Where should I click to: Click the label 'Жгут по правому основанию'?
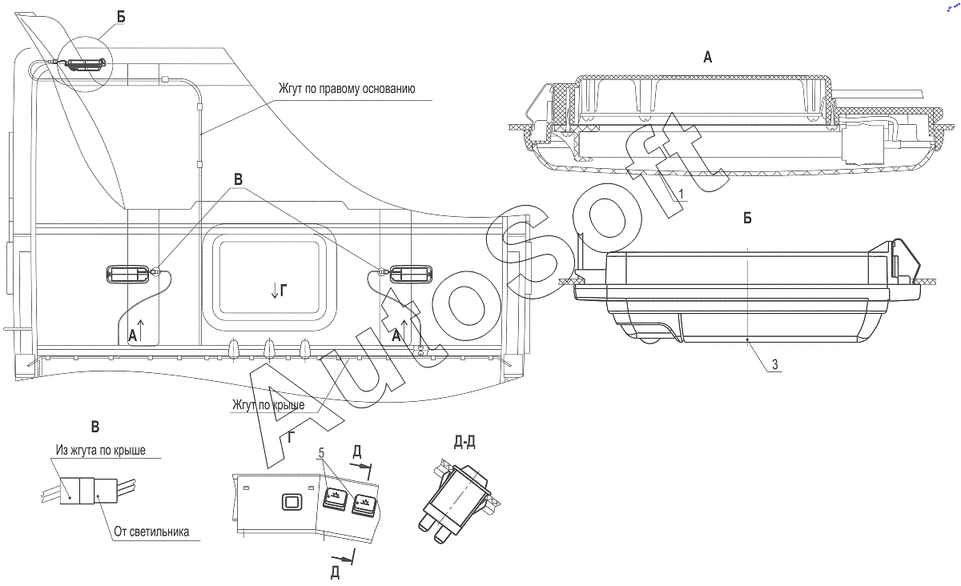click(x=347, y=89)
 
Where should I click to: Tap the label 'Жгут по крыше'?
click(x=268, y=404)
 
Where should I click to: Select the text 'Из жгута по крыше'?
click(x=100, y=450)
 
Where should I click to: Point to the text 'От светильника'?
click(x=151, y=532)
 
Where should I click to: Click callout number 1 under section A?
click(x=681, y=194)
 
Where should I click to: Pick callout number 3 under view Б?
click(x=775, y=364)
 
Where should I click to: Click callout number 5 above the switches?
click(x=321, y=453)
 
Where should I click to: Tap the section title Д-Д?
click(x=464, y=441)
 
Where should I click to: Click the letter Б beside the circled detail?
click(x=121, y=17)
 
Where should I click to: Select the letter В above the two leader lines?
click(x=238, y=179)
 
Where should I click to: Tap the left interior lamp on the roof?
click(x=127, y=274)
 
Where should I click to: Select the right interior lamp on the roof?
click(x=411, y=274)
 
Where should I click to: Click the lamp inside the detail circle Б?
click(x=85, y=66)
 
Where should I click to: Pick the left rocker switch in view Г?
click(x=335, y=500)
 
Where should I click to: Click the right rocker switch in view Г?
click(x=364, y=504)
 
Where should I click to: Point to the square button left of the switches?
click(x=292, y=502)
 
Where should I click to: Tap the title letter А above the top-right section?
click(x=707, y=57)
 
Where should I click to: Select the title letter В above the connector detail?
click(x=95, y=427)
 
